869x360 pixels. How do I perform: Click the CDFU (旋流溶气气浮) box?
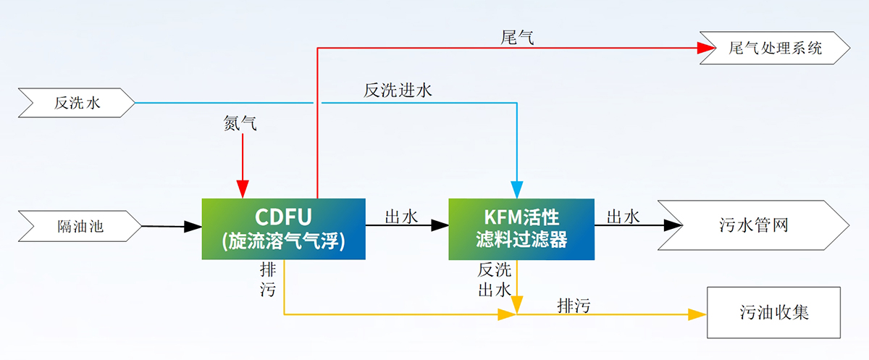(283, 228)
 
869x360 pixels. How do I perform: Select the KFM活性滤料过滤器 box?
(521, 228)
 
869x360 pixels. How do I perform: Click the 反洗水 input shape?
(77, 104)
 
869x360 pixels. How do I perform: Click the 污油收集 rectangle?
(773, 313)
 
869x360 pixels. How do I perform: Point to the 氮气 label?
(240, 125)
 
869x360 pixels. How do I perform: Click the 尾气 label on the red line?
(517, 37)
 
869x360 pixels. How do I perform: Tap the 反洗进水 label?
(398, 91)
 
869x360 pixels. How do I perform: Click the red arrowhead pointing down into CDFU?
(243, 190)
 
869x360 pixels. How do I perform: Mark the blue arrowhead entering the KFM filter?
(517, 190)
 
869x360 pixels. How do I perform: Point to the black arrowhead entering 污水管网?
(673, 225)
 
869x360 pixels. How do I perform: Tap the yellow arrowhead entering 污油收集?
(698, 314)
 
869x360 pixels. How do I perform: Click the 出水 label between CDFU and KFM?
(400, 217)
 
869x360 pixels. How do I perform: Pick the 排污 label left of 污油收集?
(574, 305)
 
